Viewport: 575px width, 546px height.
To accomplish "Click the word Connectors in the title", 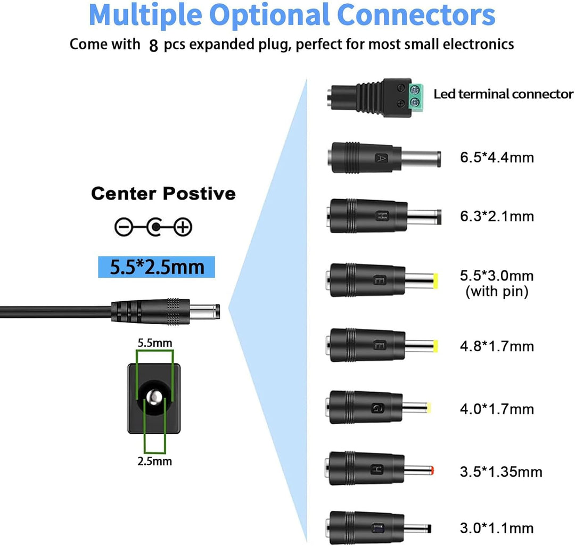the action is pos(416,15).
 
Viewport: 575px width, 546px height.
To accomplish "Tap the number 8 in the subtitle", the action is pos(154,46).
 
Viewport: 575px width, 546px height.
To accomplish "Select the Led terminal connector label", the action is pos(504,94).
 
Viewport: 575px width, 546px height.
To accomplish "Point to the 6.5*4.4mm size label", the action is pos(497,158).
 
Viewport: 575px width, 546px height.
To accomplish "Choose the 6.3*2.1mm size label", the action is pos(497,216).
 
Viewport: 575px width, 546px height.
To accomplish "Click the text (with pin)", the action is pos(497,292).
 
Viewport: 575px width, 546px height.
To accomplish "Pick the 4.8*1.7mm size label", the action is pos(497,346).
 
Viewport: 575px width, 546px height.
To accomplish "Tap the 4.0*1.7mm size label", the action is pos(497,409).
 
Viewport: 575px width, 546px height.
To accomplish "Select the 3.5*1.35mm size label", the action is pos(501,471).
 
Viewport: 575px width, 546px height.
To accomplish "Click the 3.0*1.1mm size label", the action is pos(497,528).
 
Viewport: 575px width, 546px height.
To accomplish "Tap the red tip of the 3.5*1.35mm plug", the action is pos(433,470).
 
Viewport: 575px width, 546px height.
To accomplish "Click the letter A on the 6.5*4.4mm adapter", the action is pos(382,158).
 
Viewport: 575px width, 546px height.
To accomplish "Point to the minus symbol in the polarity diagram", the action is pos(124,227).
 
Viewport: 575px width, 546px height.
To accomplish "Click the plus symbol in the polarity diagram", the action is pos(183,227).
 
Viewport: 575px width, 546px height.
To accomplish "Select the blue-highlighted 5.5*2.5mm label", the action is pos(157,267).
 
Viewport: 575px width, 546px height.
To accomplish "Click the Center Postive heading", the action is pos(163,194).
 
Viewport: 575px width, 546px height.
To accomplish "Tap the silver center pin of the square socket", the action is pos(154,397).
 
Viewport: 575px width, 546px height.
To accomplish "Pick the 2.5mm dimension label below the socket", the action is pos(155,461).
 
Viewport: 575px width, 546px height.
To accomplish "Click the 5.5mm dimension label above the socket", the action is pos(155,343).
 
